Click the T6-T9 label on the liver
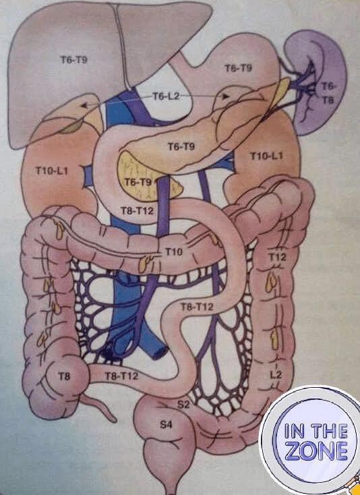[x=74, y=59]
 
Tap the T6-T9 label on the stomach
[x=239, y=68]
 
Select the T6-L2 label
[x=166, y=96]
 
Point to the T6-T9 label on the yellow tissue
[x=138, y=182]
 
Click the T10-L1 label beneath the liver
[x=52, y=171]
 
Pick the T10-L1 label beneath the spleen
[x=266, y=156]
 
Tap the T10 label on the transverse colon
[x=174, y=252]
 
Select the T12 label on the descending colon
[x=277, y=258]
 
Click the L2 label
[x=276, y=375]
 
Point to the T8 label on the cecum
[x=64, y=376]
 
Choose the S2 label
[x=183, y=405]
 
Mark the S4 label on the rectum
[x=167, y=425]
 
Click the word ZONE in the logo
[x=316, y=450]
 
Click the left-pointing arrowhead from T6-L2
[x=84, y=106]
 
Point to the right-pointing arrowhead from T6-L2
[x=225, y=96]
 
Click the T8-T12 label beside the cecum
[x=121, y=376]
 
